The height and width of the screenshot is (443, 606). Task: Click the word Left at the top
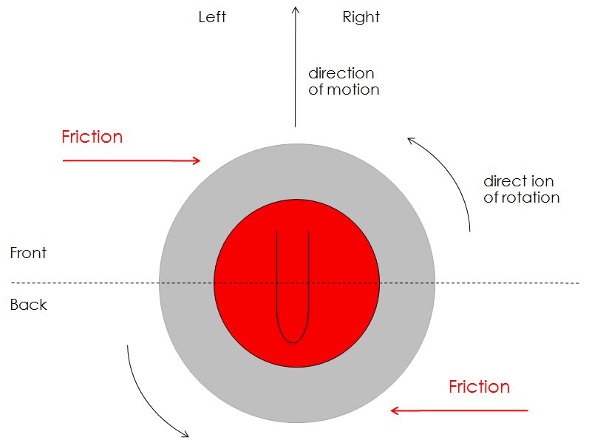pyautogui.click(x=212, y=17)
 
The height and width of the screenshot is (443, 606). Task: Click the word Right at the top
pyautogui.click(x=361, y=17)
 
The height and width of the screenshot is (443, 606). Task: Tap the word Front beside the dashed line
pyautogui.click(x=28, y=253)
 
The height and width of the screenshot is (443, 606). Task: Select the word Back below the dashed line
pyautogui.click(x=28, y=305)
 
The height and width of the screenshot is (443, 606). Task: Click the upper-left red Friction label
pyautogui.click(x=92, y=137)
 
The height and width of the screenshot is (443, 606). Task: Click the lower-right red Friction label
pyautogui.click(x=479, y=387)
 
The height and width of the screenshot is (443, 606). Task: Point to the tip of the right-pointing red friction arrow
pyautogui.click(x=200, y=160)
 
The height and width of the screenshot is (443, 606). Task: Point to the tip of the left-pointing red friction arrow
pyautogui.click(x=392, y=410)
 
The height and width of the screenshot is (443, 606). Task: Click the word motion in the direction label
pyautogui.click(x=353, y=90)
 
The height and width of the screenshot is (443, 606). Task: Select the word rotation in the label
pyautogui.click(x=531, y=197)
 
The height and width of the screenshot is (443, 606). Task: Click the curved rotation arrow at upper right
pyautogui.click(x=454, y=177)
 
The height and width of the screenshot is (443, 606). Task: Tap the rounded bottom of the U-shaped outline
pyautogui.click(x=293, y=340)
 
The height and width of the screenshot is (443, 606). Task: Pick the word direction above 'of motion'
pyautogui.click(x=341, y=73)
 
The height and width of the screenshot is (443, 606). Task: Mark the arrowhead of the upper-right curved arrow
pyautogui.click(x=410, y=138)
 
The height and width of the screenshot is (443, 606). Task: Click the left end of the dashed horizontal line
pyautogui.click(x=12, y=283)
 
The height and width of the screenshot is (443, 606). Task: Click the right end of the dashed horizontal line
pyautogui.click(x=579, y=283)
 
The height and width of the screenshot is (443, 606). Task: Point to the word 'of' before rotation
pyautogui.click(x=491, y=197)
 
